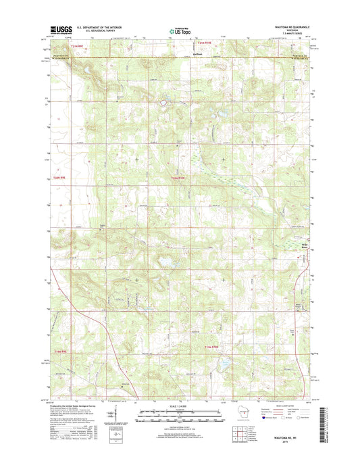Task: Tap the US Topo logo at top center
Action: click(x=180, y=30)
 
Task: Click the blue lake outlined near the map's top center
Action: click(x=163, y=103)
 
